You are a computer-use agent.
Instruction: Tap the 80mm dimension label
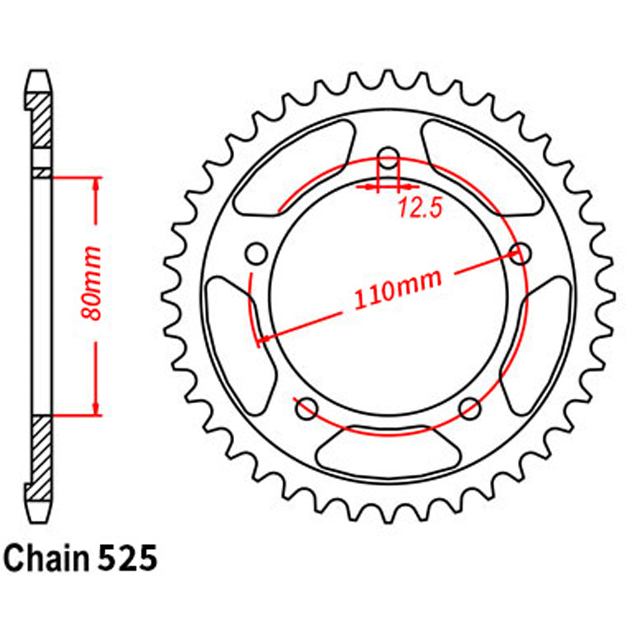click(x=93, y=283)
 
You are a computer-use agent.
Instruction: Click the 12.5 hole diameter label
click(x=419, y=208)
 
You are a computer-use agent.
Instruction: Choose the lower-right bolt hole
click(x=469, y=409)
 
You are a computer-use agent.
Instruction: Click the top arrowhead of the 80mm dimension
click(x=97, y=183)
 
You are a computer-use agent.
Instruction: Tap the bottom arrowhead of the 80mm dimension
click(x=97, y=408)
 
